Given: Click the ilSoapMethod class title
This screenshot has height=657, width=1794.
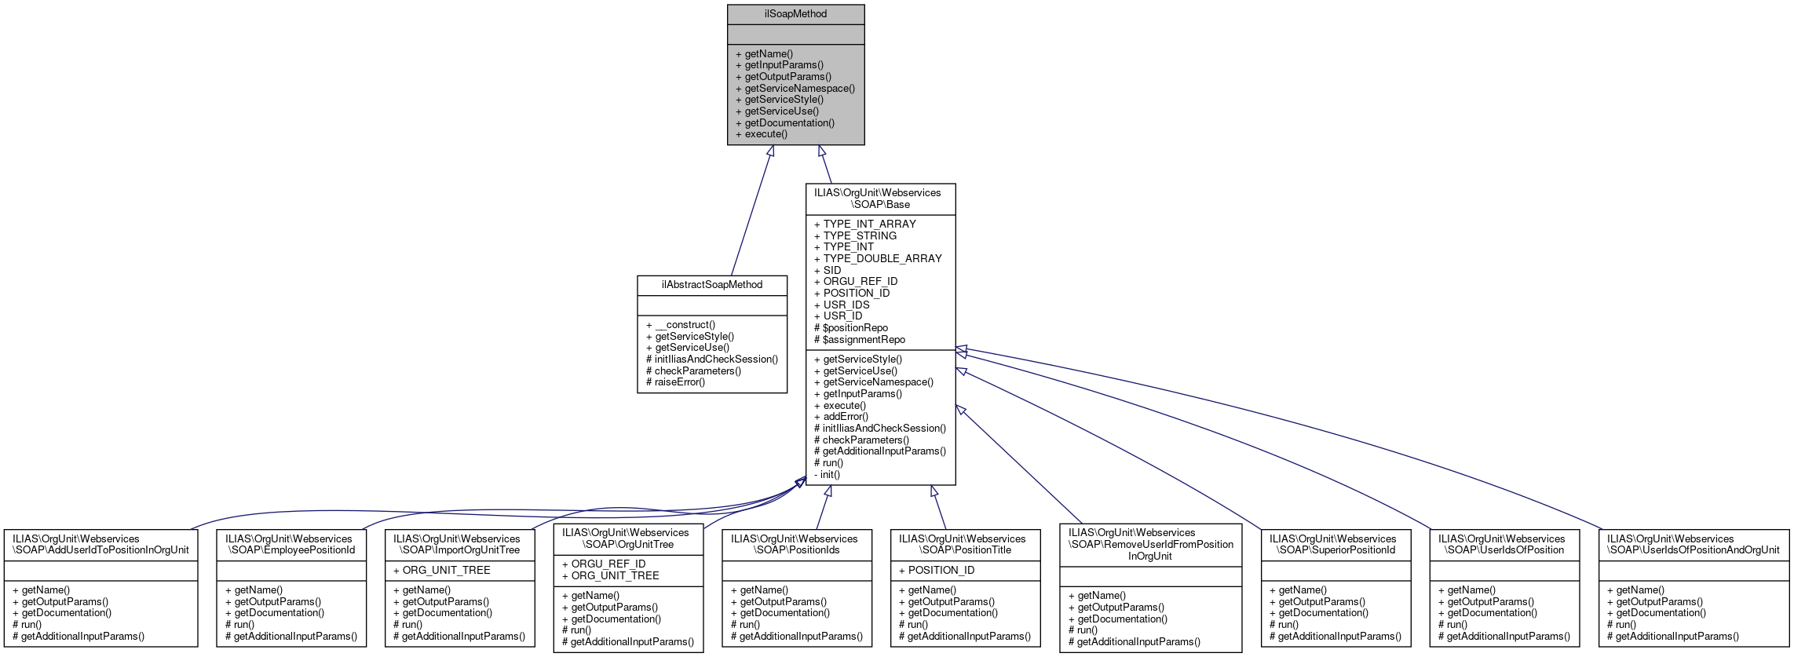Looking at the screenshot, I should tap(795, 14).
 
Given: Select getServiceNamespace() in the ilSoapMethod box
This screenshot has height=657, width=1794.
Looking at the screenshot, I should tap(799, 89).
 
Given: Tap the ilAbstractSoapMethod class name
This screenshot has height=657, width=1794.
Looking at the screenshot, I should tap(711, 285).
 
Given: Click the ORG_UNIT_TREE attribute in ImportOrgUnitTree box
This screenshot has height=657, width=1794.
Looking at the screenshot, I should tap(446, 571).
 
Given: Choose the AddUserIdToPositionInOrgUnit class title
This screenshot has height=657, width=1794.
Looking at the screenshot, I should tap(100, 545).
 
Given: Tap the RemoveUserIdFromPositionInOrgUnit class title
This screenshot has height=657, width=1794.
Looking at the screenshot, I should tap(1150, 544).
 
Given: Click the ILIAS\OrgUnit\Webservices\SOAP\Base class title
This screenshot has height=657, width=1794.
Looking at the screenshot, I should tap(880, 199).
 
